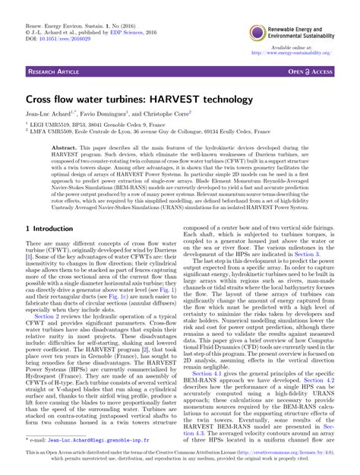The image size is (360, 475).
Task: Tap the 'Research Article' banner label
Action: tap(56, 71)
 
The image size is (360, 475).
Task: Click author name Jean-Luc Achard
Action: tap(54, 116)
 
